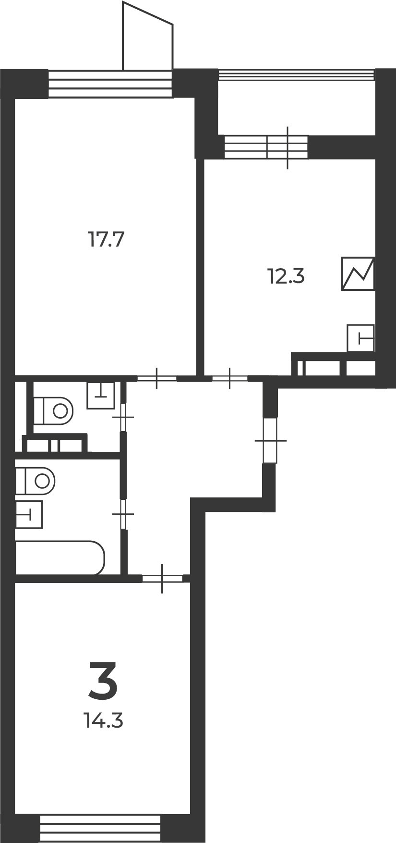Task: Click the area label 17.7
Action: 106,239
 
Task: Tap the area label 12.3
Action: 286,277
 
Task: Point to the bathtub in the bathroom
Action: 60,557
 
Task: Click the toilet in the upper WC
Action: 53,410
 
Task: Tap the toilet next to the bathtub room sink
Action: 35,480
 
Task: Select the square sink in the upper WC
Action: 101,395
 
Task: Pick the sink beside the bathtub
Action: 29,514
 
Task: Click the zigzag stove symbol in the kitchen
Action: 358,273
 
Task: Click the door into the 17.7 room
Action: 157,378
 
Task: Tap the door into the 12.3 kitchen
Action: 230,378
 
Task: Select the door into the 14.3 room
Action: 162,578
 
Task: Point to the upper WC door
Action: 123,417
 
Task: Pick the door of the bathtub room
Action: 123,514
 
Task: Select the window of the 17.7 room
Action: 110,84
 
